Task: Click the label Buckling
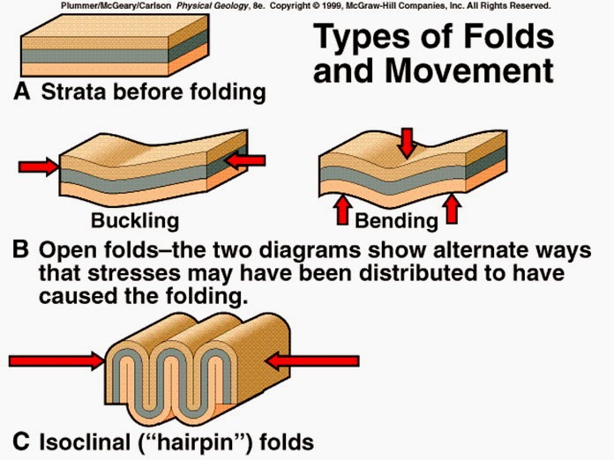point(134,220)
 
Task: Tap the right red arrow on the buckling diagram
point(246,160)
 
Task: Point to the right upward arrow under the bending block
point(453,208)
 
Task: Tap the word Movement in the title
point(469,70)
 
